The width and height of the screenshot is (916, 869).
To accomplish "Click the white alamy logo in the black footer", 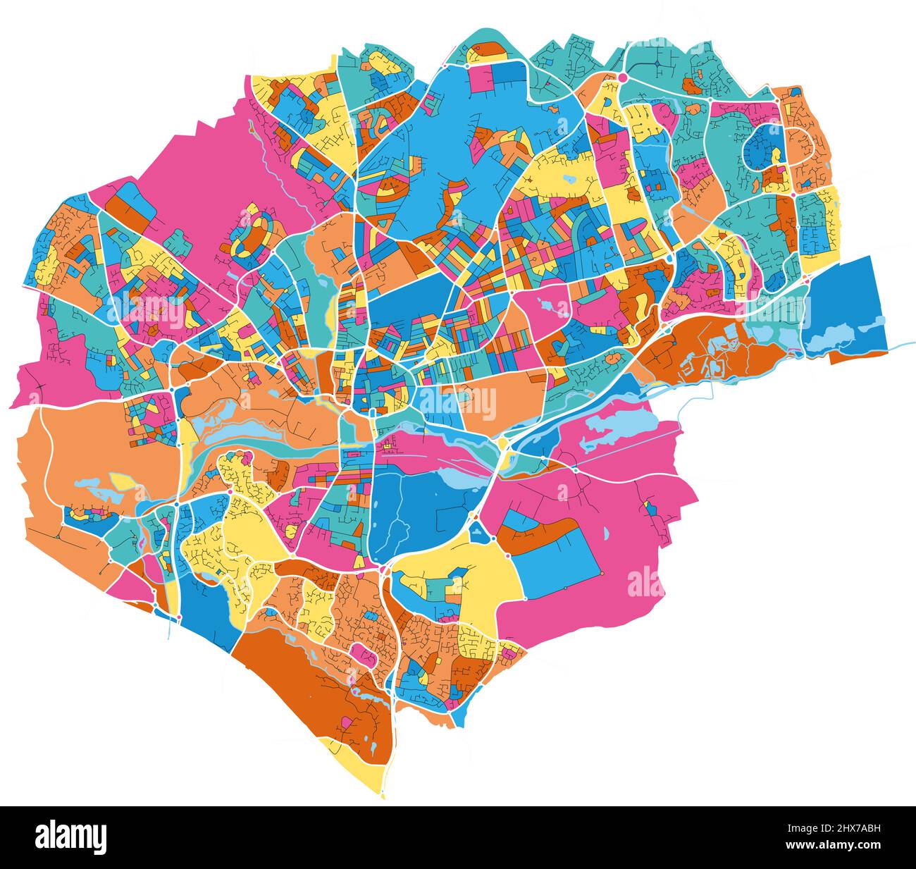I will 71,837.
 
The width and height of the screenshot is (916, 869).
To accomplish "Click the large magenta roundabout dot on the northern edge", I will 623,77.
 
